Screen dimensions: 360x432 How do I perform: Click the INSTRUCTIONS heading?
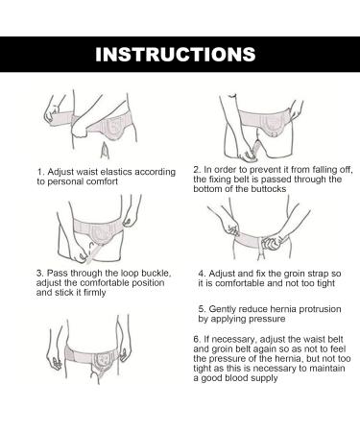[x=176, y=55]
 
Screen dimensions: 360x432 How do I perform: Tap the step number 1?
[x=39, y=172]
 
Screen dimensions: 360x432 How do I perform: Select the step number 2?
[x=197, y=170]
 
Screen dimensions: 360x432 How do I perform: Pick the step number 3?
[x=39, y=274]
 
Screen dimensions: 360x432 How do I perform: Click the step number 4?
[x=202, y=274]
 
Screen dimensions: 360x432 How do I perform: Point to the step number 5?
[x=202, y=309]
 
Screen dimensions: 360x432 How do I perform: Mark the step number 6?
[x=197, y=339]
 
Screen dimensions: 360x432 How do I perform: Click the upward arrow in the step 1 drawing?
[x=105, y=151]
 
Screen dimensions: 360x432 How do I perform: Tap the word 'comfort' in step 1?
[x=102, y=181]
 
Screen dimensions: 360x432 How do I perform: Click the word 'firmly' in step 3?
[x=94, y=293]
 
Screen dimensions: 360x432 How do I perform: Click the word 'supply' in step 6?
[x=265, y=378]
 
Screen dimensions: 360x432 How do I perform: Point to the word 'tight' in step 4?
[x=324, y=283]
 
